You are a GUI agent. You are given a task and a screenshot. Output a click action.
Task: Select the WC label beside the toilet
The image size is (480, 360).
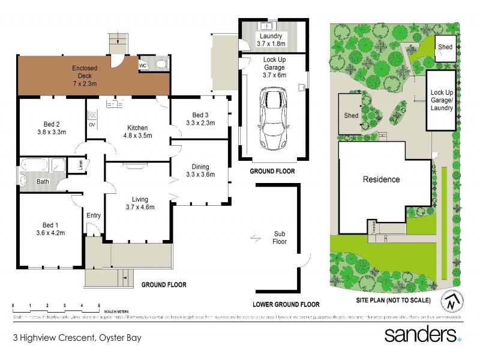pos(143,65)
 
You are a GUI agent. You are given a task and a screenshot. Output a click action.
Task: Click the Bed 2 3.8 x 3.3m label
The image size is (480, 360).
pos(51,128)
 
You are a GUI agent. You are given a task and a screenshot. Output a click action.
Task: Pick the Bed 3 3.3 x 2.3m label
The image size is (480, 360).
pos(200,118)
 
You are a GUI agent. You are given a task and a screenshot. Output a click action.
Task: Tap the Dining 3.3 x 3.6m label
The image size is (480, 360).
pos(200,170)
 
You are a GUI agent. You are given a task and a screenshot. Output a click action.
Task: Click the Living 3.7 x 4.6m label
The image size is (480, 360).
pos(140,203)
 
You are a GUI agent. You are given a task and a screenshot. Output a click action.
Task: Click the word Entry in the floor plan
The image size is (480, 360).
pos(94,215)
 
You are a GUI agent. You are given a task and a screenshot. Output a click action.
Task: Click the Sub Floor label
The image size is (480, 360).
pos(279,238)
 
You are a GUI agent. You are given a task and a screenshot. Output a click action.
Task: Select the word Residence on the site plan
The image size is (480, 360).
pos(381,179)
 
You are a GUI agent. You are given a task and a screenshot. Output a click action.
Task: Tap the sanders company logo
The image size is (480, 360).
pos(422,334)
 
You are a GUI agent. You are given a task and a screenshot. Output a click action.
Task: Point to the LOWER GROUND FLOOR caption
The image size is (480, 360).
pos(286,304)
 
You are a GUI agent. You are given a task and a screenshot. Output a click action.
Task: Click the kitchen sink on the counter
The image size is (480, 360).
pos(114,104)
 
